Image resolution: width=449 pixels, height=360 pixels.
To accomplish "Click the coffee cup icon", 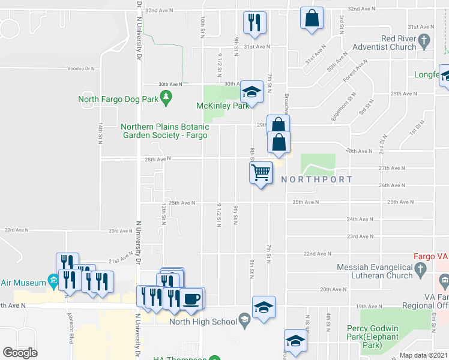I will click(192, 298).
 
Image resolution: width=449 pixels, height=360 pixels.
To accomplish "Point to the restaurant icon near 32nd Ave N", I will click(254, 23).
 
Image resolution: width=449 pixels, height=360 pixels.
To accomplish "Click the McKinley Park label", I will click(223, 106).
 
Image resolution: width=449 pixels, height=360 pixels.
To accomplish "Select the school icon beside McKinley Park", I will click(252, 92).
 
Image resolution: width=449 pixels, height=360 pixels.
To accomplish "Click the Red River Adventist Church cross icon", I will click(425, 42).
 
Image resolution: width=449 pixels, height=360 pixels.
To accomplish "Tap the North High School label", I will click(203, 322).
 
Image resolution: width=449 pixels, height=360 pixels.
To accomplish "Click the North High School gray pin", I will click(244, 322).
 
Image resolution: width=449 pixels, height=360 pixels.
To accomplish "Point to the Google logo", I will click(20, 353).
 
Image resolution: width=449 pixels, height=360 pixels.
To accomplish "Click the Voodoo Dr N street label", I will click(82, 68).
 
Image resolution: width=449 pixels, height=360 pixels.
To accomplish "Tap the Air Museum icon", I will click(53, 282).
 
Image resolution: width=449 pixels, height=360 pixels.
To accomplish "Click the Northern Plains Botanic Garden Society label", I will click(165, 131).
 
